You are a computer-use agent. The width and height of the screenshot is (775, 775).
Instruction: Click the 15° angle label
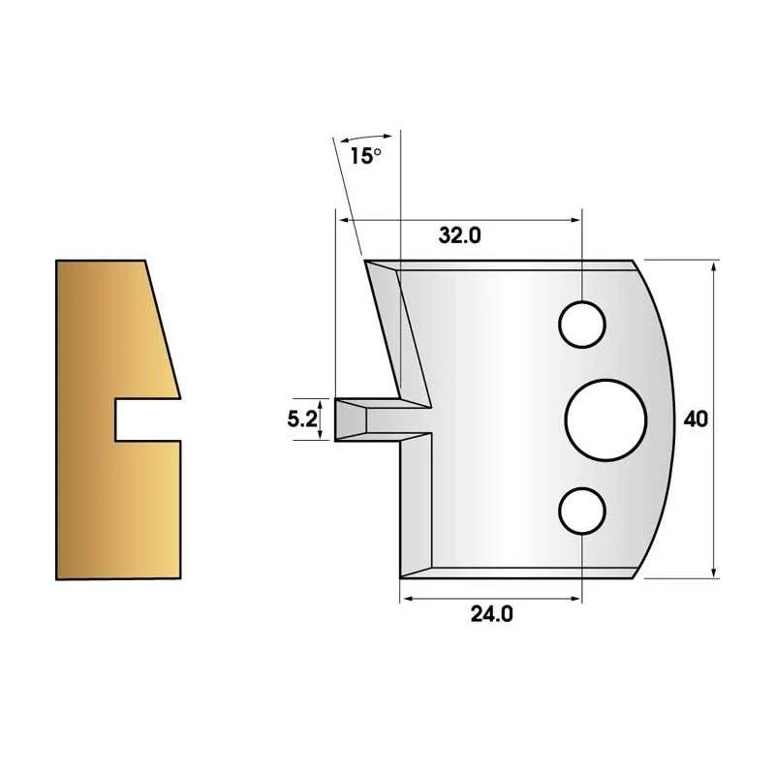366,156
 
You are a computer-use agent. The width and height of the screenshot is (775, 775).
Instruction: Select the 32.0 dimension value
459,235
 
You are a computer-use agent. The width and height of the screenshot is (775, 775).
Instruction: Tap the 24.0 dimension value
492,614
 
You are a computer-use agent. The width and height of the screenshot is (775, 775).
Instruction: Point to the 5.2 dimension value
302,419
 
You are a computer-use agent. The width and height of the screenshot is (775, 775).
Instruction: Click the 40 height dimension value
696,419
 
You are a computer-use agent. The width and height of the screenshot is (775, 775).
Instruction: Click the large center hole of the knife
605,420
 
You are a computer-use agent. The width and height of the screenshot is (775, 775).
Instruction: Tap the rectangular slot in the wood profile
147,419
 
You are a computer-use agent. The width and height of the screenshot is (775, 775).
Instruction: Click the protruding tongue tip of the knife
336,419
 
